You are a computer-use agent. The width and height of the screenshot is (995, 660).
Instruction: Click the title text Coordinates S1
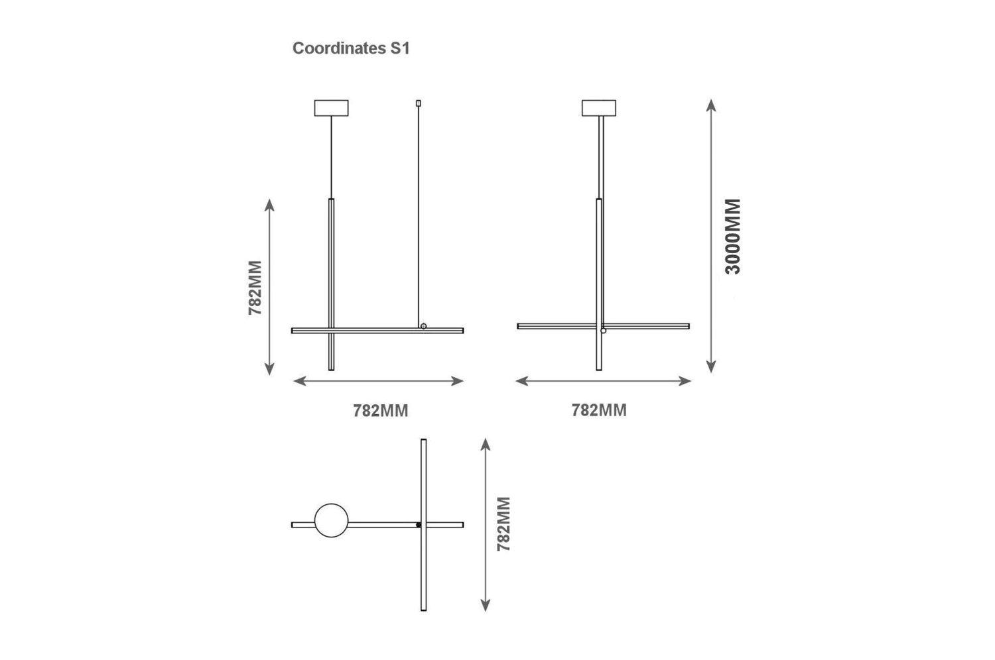351,48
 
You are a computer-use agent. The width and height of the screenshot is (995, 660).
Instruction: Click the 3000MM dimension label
732,236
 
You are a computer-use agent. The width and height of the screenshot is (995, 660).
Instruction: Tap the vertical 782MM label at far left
255,287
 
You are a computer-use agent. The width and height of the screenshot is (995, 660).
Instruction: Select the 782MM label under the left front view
380,411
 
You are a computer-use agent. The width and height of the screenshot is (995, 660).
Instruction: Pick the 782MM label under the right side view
599,410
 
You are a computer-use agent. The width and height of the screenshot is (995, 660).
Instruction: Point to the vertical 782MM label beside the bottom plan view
503,523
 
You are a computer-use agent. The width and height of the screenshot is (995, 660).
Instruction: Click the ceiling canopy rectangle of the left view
331,108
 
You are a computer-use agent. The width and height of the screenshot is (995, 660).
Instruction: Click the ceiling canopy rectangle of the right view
599,108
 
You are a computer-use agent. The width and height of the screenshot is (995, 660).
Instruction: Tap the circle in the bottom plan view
331,520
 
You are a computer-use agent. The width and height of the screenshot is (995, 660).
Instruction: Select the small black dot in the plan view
419,525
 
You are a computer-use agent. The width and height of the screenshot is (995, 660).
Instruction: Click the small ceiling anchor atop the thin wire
418,103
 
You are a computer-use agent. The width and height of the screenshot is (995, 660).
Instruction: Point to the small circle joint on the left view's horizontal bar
423,326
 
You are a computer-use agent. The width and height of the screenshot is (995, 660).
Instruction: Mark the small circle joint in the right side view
603,330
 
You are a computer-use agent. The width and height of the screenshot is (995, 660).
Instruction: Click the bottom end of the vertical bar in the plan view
424,608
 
